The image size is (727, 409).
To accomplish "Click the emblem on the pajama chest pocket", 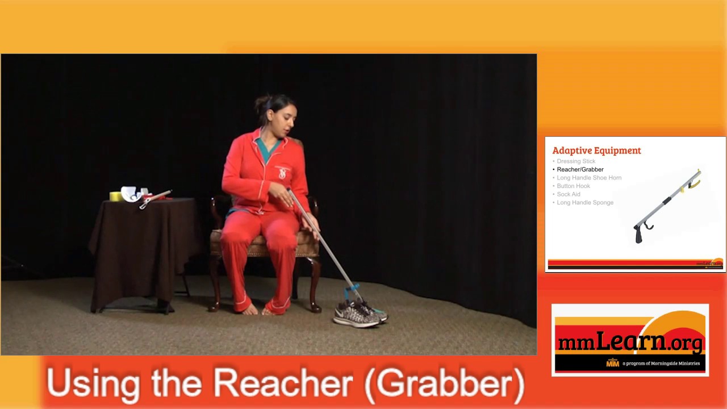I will [282, 173].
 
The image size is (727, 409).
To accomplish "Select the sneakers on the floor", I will [359, 313].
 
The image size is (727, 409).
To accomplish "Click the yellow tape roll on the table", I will [115, 196].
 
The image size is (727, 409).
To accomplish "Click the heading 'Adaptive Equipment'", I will [596, 151].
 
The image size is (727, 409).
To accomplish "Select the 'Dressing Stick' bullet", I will [576, 161].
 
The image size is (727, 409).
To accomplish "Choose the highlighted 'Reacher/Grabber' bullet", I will [580, 169].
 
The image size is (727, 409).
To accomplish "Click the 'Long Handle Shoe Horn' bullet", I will [589, 178].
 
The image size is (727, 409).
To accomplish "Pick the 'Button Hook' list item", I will [573, 186].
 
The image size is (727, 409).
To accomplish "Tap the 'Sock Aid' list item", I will [569, 194].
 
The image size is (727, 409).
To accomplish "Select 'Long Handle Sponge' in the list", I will [585, 202].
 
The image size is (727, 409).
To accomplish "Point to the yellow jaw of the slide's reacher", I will [695, 182].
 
